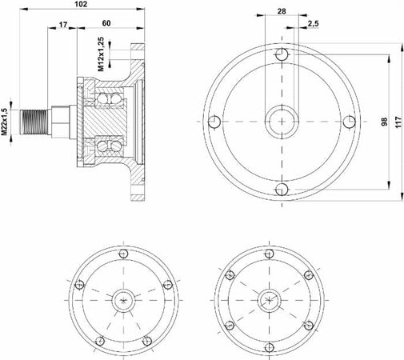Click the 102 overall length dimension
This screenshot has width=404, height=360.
80,6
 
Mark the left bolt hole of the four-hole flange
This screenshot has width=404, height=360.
213,122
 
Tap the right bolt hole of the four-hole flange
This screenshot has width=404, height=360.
349,122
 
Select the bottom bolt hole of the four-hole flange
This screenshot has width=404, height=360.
281,189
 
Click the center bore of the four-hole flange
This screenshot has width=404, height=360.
281,122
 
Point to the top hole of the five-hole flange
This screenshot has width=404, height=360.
123,255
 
